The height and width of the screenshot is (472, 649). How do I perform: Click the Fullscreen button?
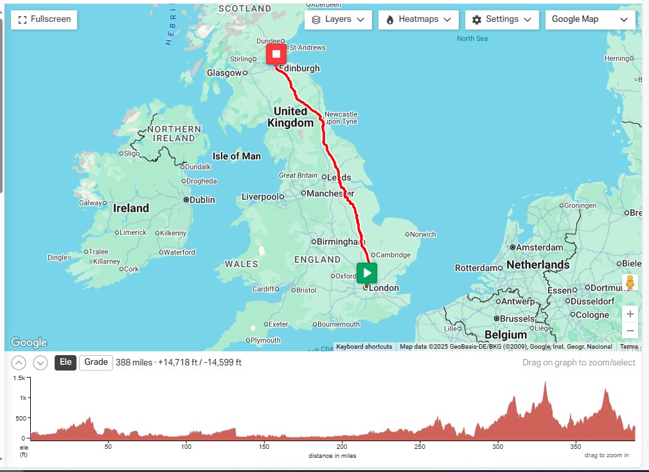click(x=44, y=19)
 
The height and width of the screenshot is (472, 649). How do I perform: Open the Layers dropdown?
click(x=338, y=19)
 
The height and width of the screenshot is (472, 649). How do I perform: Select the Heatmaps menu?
click(x=418, y=19)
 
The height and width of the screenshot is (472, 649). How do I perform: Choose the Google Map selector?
click(x=589, y=19)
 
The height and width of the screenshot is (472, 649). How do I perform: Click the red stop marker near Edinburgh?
click(x=276, y=54)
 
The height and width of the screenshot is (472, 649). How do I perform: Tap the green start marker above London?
click(x=367, y=272)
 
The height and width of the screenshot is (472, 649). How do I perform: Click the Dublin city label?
click(x=202, y=200)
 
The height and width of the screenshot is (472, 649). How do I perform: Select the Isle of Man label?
click(x=236, y=156)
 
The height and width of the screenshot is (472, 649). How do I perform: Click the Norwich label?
click(x=423, y=234)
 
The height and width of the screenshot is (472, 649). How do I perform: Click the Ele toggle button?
click(x=65, y=362)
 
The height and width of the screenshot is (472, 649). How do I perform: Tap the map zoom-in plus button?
click(x=630, y=314)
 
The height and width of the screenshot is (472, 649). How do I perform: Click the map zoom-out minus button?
click(x=630, y=331)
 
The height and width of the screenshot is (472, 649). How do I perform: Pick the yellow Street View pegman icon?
click(x=630, y=283)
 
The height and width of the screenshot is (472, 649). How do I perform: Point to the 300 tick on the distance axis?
click(x=497, y=447)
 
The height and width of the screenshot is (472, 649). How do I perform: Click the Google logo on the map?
click(x=29, y=342)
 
